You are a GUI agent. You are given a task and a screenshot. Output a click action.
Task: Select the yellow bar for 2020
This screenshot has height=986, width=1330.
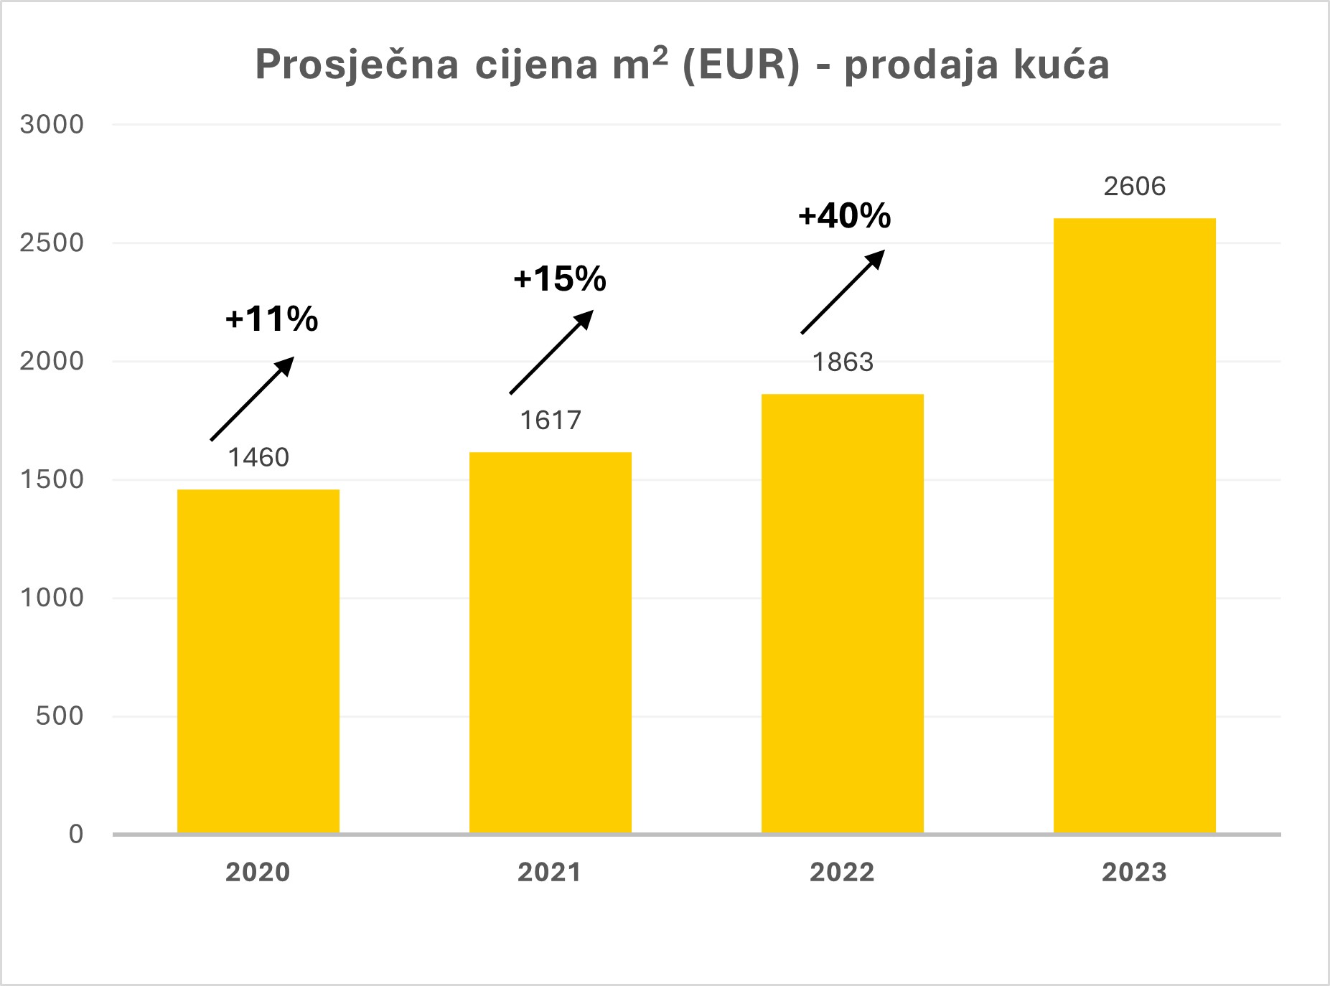point(258,660)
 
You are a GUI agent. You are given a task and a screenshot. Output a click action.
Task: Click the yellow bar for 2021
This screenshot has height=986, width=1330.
point(551,642)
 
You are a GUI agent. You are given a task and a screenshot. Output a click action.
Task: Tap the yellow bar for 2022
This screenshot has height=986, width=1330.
point(843,614)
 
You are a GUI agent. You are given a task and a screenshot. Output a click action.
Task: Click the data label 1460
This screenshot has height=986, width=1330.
point(258,457)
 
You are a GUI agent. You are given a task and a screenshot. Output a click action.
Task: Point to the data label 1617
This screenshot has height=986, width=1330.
point(551,420)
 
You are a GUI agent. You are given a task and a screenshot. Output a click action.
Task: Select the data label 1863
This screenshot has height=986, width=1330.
point(843,362)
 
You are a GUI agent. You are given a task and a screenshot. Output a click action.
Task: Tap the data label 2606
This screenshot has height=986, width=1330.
point(1135,187)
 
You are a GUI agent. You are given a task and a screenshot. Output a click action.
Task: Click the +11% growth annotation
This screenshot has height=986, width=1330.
point(271,319)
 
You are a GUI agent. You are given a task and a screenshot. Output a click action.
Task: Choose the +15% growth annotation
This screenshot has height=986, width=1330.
point(560,278)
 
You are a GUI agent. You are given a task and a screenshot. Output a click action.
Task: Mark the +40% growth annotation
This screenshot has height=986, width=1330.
point(845,215)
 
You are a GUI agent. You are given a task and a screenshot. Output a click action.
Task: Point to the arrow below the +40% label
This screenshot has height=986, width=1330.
point(843,292)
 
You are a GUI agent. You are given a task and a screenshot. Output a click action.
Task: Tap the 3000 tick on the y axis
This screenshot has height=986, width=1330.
point(52,125)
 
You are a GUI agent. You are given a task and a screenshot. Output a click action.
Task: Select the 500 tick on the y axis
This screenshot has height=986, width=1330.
point(60,715)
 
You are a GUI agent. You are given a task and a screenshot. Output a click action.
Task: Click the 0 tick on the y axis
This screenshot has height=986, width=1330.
point(76,834)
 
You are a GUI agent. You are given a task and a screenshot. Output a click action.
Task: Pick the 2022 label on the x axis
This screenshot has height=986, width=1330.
point(843,873)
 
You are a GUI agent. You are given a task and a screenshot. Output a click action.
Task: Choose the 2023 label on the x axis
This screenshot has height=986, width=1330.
point(1135,873)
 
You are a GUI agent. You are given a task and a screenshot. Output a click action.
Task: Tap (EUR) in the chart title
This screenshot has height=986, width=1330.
point(740,65)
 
